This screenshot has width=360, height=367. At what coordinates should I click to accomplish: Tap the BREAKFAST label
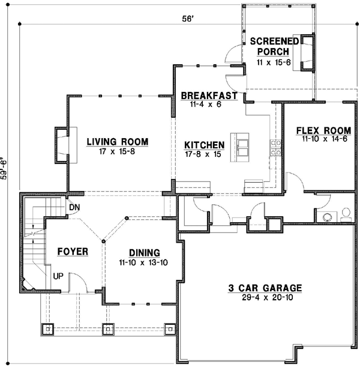point(209,96)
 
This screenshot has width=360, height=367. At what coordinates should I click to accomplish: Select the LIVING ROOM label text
point(117,142)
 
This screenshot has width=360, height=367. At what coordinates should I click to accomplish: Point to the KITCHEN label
point(204,145)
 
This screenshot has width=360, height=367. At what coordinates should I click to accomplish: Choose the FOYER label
point(73,251)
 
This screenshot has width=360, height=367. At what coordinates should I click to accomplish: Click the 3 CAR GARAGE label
point(264,288)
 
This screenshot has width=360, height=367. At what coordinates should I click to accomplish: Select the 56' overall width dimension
point(188,19)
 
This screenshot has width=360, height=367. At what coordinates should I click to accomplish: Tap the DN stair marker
point(74,208)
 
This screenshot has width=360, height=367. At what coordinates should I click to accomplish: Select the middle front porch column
point(108,329)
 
